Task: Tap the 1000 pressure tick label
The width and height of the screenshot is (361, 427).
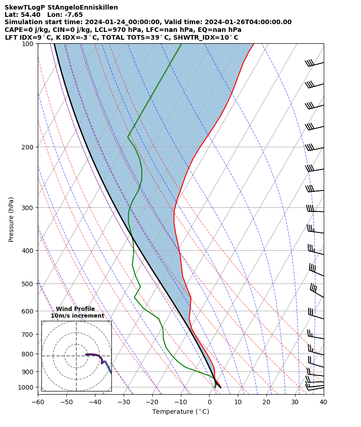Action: tap(26, 387)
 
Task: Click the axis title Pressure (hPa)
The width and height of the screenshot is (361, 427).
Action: tap(11, 219)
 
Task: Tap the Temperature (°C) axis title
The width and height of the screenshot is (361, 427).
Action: tap(180, 412)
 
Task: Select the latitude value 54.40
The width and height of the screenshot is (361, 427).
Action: tap(32, 15)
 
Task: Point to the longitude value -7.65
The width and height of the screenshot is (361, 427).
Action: tap(73, 15)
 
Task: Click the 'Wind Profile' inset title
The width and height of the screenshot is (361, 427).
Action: tap(75, 309)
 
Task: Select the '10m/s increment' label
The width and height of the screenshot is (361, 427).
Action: tap(77, 316)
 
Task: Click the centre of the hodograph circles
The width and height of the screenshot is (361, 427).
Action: tap(76, 356)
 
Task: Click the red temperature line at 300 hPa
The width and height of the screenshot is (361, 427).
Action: tap(174, 208)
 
